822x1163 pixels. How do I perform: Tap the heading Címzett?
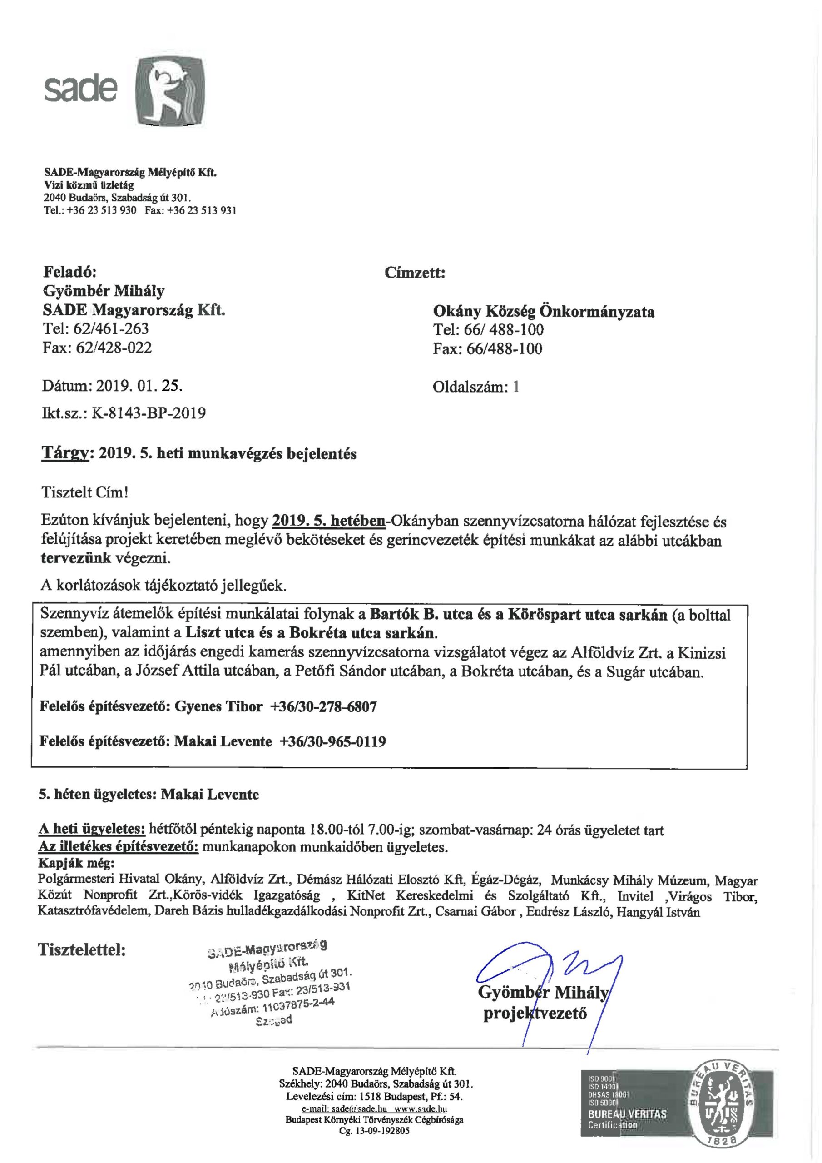click(x=414, y=273)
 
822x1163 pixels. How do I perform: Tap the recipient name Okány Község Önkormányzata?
click(x=544, y=311)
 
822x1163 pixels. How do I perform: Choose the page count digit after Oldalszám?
click(x=515, y=387)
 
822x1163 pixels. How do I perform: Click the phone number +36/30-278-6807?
click(x=324, y=706)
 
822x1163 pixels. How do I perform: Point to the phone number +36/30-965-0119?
click(x=332, y=741)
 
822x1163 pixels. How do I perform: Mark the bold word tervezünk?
click(x=76, y=559)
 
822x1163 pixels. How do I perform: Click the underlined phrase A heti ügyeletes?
click(x=92, y=830)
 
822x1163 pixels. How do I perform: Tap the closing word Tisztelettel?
click(x=82, y=949)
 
